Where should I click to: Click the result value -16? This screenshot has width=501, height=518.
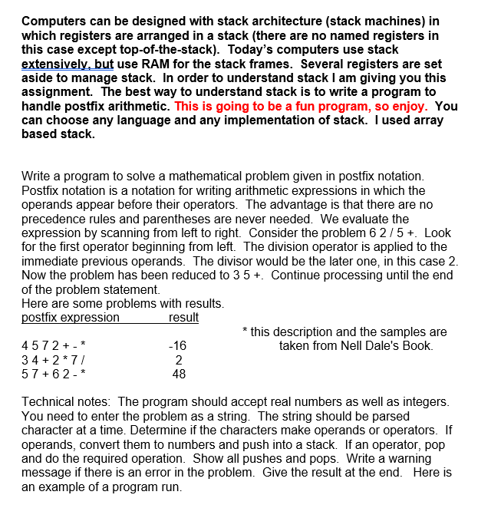(177, 346)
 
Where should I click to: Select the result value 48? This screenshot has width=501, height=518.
(178, 374)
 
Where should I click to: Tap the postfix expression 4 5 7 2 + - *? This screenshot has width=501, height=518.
(54, 346)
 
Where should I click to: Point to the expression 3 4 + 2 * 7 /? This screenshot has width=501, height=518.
(53, 360)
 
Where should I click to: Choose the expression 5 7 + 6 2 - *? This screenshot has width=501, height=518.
(54, 374)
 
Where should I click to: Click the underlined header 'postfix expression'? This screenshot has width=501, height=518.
(71, 318)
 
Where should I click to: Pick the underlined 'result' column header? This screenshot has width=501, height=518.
(183, 318)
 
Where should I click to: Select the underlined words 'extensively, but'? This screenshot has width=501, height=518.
(68, 64)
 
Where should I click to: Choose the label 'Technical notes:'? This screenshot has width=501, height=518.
(68, 402)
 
